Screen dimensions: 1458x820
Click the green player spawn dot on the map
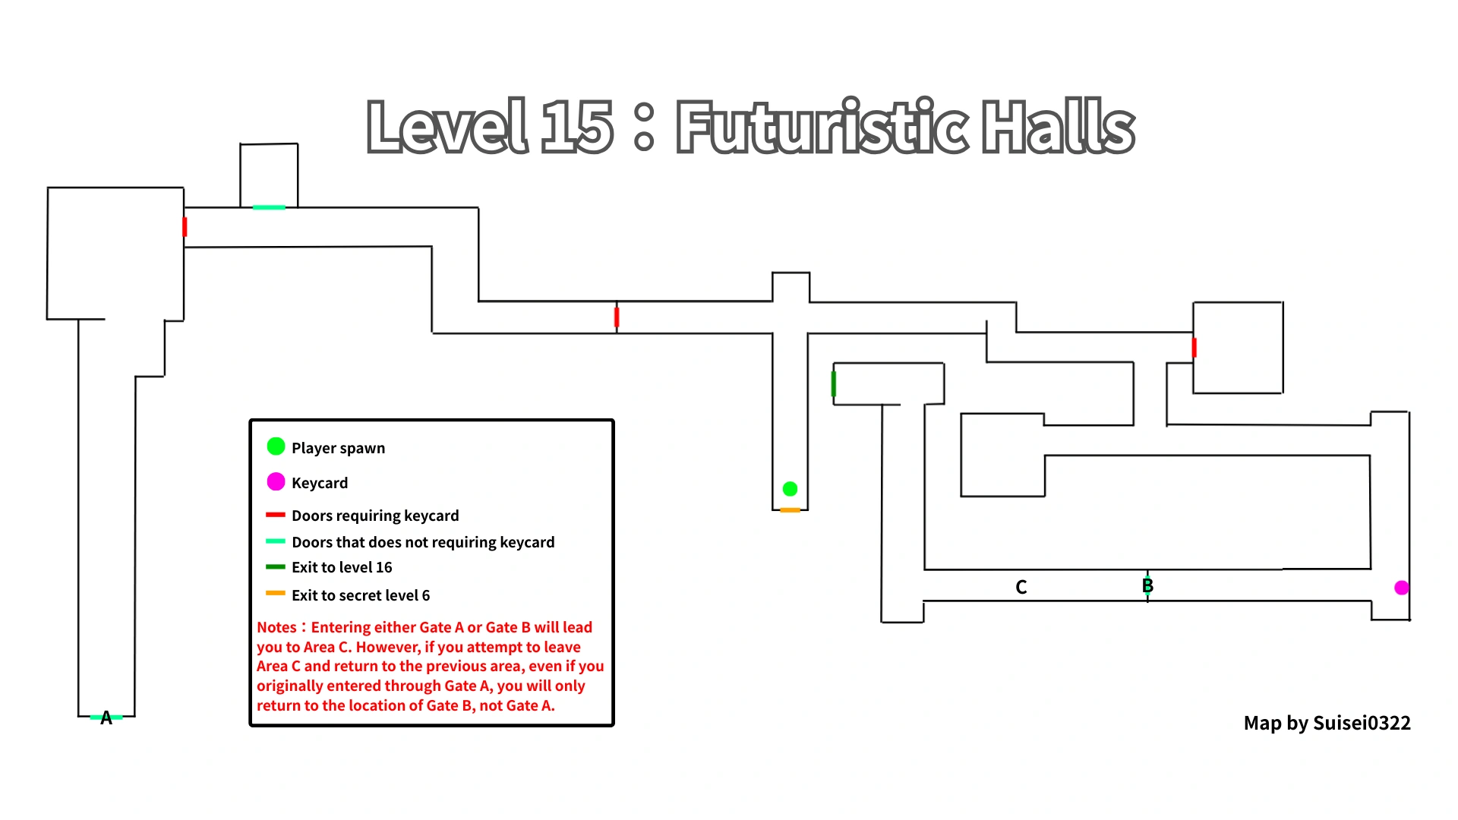[790, 488]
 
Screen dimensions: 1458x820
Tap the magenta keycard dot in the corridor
[1402, 587]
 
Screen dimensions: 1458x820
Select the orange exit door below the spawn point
[790, 510]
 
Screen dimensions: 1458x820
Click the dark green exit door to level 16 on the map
[834, 383]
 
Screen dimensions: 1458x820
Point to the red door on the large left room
[185, 226]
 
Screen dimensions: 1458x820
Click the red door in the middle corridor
[617, 317]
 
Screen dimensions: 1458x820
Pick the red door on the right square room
[1194, 348]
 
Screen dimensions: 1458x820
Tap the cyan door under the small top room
[269, 207]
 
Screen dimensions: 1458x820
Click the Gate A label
[106, 717]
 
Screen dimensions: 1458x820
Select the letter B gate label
[1147, 585]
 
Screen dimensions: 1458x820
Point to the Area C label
[1021, 587]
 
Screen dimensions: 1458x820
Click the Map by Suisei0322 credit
[1327, 723]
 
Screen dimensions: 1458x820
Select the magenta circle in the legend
[276, 481]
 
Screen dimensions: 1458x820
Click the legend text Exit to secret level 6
[360, 595]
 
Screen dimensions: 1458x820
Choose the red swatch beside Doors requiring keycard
[275, 515]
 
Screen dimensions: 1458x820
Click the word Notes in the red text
[276, 627]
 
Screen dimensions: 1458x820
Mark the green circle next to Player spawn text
[276, 446]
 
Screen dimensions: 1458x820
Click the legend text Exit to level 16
[342, 567]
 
